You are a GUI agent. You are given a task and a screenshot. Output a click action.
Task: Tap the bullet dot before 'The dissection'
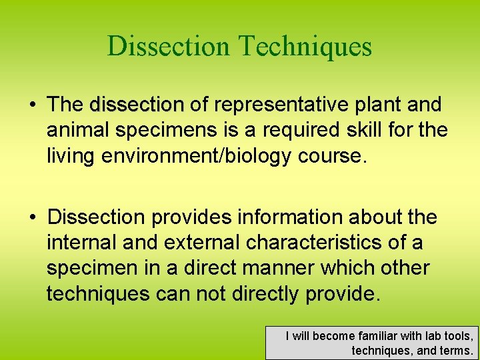31,105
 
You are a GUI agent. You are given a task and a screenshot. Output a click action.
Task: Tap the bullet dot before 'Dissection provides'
31,218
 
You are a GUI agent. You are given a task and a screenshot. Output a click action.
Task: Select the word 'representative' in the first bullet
280,105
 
